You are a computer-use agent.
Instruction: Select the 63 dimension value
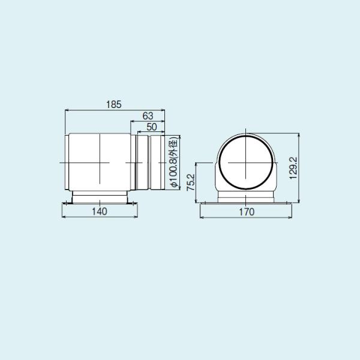148,115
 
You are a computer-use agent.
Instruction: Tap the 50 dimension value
151,126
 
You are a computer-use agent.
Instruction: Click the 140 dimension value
100,212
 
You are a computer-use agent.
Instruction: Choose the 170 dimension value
246,212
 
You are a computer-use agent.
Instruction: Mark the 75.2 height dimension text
190,182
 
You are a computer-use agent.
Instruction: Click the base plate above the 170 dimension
246,203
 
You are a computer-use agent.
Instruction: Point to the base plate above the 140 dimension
100,203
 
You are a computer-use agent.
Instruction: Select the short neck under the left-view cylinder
100,197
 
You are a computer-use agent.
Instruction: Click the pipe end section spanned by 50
155,163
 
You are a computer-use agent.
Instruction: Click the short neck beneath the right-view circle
246,196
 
